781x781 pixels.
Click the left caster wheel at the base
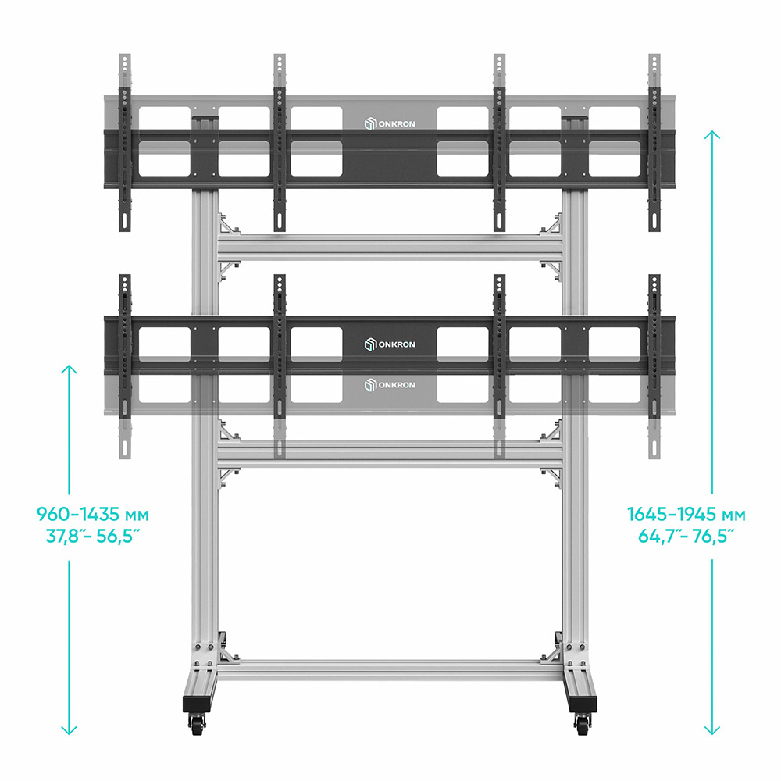198,724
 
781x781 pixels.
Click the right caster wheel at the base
583,724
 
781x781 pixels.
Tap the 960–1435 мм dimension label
93,514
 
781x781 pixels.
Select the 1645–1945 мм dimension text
686,514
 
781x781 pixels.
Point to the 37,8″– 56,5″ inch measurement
93,536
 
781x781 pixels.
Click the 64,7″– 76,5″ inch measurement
686,536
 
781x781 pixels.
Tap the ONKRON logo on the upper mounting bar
390,123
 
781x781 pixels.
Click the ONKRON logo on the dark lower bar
390,344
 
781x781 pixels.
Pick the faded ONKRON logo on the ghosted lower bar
390,385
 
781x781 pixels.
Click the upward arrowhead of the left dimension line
69,369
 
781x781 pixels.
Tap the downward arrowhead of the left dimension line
69,729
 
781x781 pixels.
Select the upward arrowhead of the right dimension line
712,135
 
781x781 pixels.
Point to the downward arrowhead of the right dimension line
712,729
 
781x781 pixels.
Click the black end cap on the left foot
198,704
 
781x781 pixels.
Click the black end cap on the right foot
582,704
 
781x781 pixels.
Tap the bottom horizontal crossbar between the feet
390,670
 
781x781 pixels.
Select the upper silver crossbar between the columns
390,248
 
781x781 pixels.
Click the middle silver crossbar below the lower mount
390,454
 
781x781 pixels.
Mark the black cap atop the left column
205,118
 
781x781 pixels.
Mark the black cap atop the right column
575,118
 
